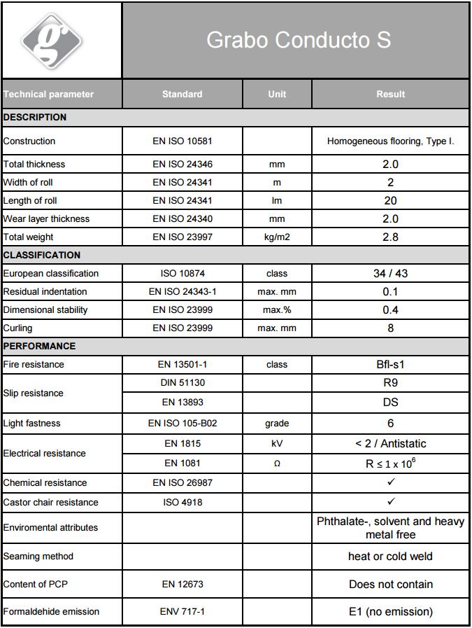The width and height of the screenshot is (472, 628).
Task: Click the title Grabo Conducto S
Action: (x=298, y=40)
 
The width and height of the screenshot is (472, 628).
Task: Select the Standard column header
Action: (x=182, y=94)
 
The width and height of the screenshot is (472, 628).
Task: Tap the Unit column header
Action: (x=277, y=94)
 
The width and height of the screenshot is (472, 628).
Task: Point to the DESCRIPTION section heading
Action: (x=35, y=117)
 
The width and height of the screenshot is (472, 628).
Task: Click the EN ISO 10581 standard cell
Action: (x=182, y=141)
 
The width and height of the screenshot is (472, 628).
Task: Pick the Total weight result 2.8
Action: (x=390, y=237)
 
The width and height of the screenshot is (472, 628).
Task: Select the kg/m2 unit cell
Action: (x=277, y=237)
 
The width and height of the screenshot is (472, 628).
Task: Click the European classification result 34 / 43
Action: (x=390, y=274)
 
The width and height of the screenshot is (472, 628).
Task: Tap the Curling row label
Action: (x=17, y=328)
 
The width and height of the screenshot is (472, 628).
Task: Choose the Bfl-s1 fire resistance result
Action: (x=390, y=365)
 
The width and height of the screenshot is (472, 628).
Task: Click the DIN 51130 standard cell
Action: (x=182, y=383)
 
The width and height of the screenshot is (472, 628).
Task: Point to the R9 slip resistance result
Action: (x=390, y=383)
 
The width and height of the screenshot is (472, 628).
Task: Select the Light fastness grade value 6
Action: (x=390, y=424)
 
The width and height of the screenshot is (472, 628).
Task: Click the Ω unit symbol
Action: (x=277, y=463)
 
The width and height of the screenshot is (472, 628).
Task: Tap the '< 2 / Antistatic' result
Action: (x=390, y=444)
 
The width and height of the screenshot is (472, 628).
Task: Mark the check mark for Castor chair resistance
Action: (x=391, y=501)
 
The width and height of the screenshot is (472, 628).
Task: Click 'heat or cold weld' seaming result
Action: (x=390, y=557)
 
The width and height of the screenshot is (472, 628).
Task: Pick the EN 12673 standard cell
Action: (x=182, y=584)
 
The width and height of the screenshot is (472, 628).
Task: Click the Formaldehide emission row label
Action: (x=51, y=611)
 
